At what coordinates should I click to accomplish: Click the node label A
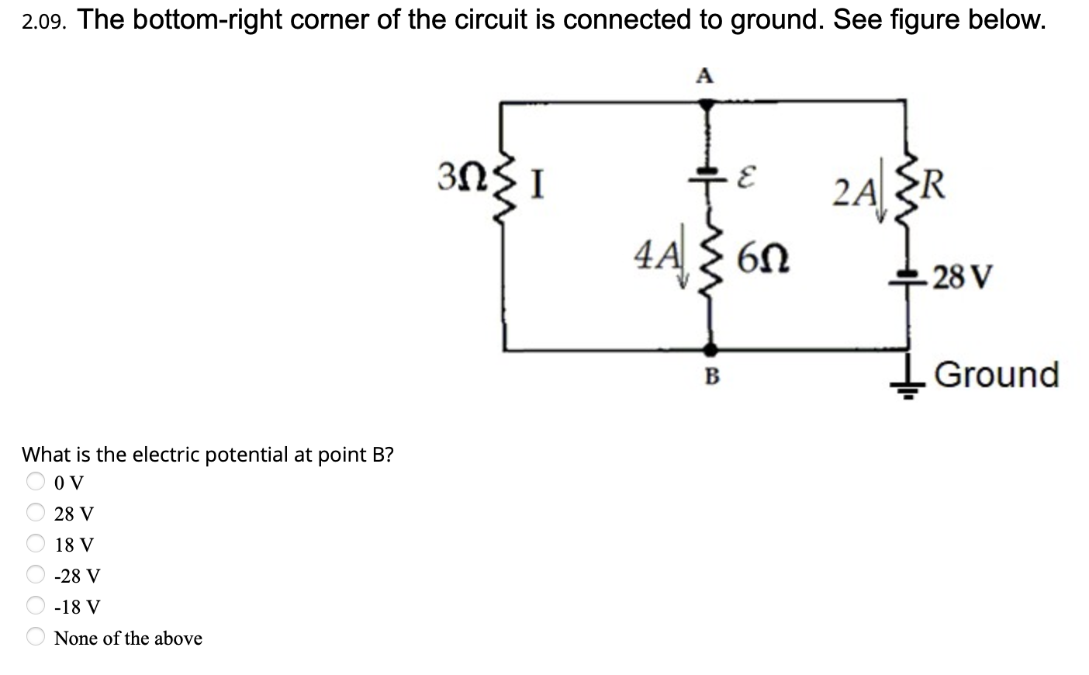tap(704, 75)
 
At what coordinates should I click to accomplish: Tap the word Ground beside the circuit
tap(997, 374)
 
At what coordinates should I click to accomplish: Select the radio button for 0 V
tap(36, 481)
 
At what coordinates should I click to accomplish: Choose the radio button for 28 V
tap(36, 512)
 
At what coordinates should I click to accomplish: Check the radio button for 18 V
tap(36, 543)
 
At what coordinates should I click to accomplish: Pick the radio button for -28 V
tap(36, 574)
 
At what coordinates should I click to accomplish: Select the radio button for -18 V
tap(36, 605)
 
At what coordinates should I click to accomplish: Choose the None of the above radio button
tap(36, 636)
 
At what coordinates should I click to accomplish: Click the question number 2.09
tap(42, 23)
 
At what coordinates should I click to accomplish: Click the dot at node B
tap(707, 350)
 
